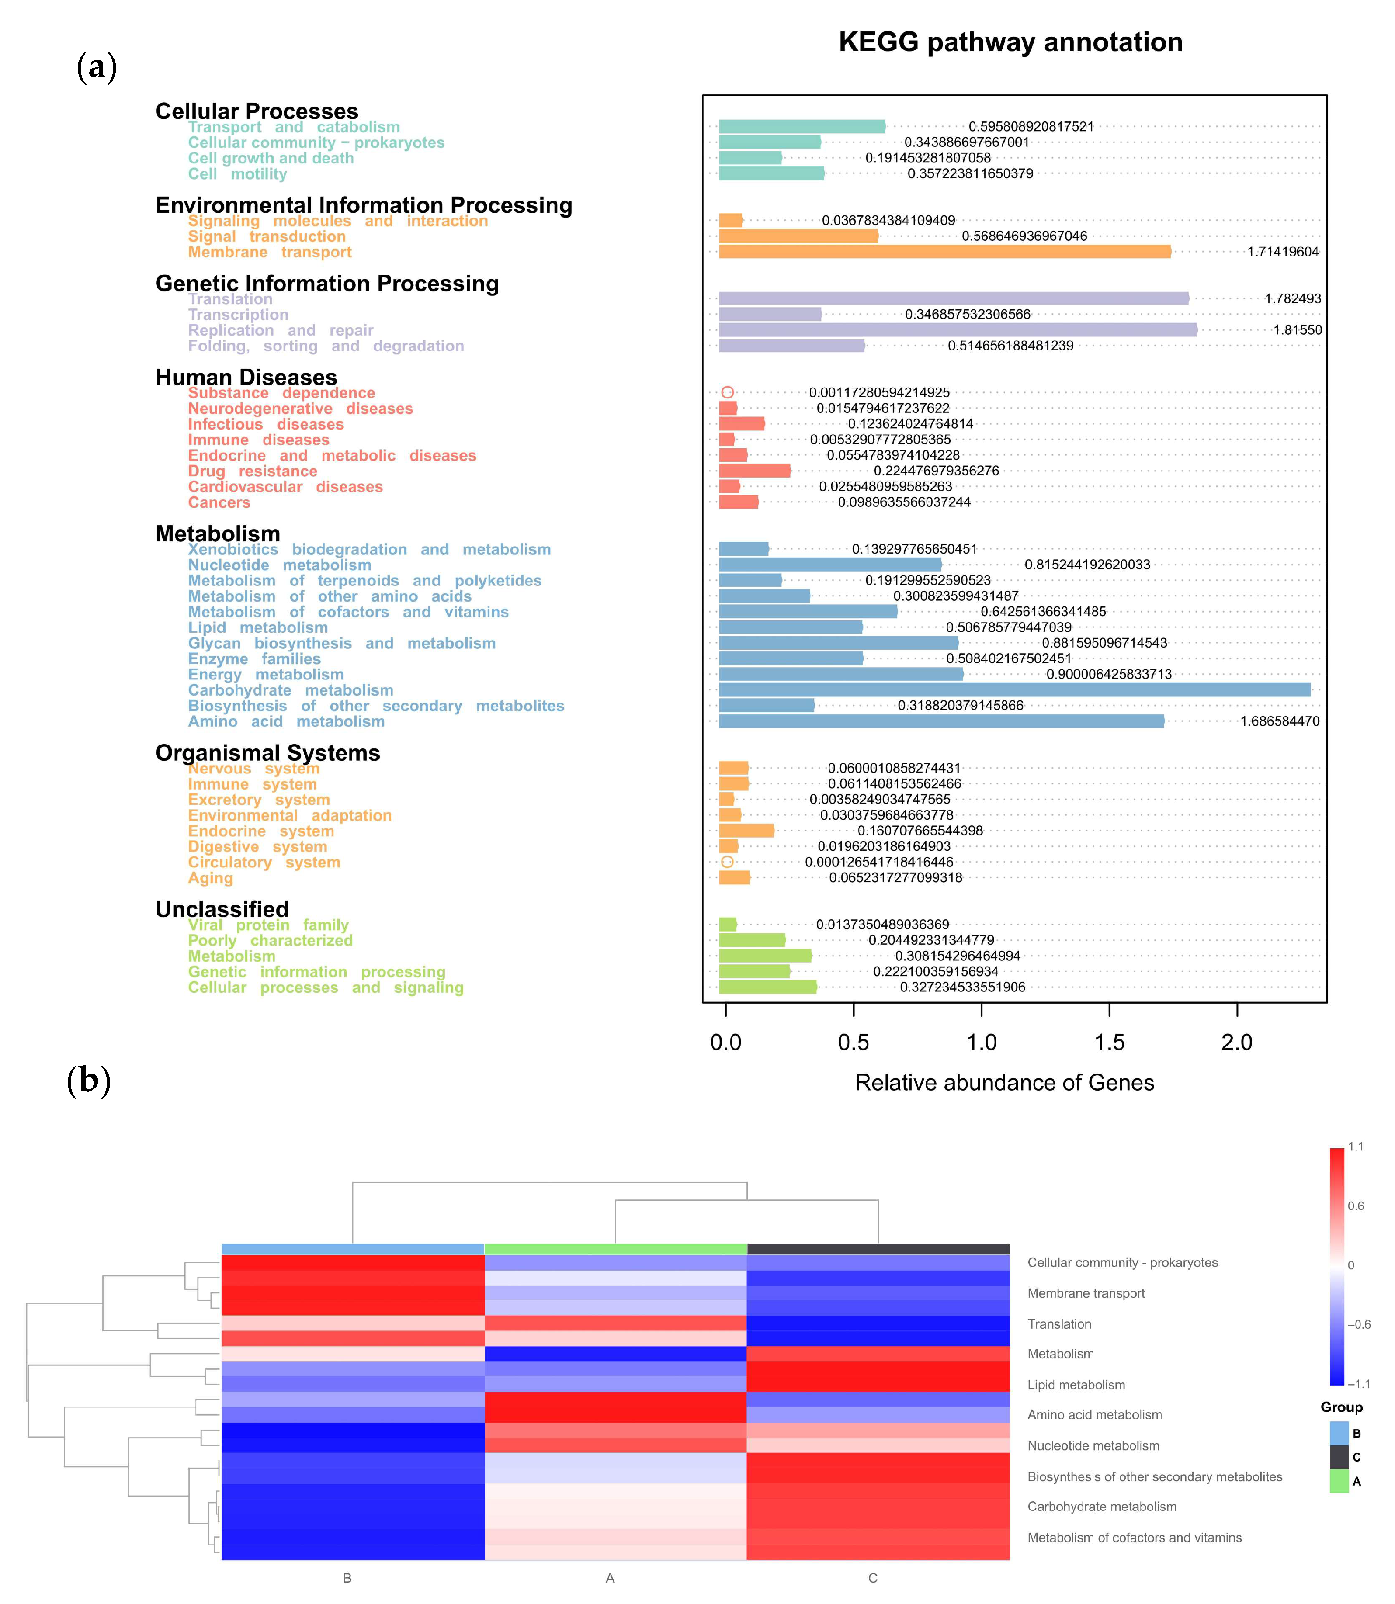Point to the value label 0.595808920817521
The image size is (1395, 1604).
point(1031,127)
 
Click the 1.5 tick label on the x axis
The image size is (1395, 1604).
point(1108,1042)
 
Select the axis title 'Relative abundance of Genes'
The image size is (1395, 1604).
point(1004,1083)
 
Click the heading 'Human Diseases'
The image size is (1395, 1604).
point(246,378)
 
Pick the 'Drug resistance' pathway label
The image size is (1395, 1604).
point(252,471)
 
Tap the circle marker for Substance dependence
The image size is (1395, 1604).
point(727,392)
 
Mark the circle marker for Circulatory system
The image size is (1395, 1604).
point(727,862)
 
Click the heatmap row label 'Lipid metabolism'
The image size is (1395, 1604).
point(1076,1385)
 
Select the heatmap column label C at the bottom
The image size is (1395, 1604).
point(873,1577)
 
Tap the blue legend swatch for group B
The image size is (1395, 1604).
point(1339,1433)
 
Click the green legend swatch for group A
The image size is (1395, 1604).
point(1339,1481)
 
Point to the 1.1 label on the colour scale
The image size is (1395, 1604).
point(1355,1147)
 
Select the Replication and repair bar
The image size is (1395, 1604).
point(958,330)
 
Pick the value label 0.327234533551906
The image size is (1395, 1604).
point(962,987)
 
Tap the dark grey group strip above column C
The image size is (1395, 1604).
point(878,1249)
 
